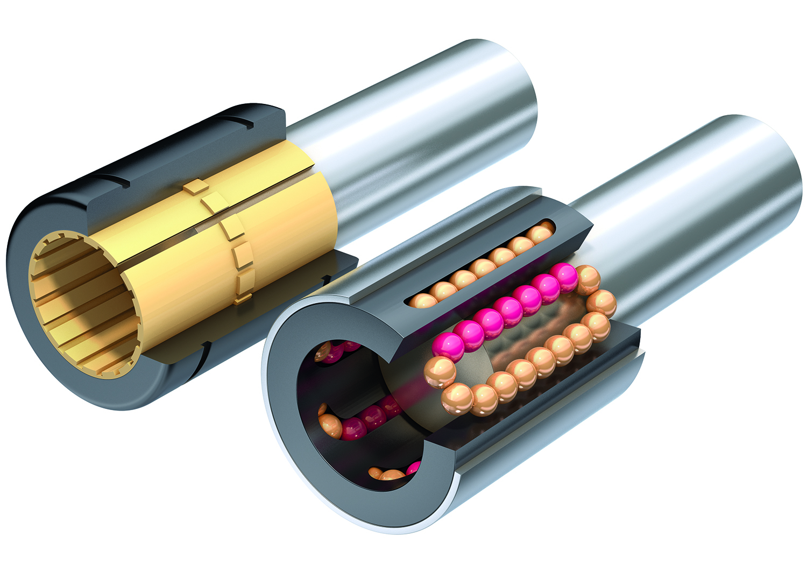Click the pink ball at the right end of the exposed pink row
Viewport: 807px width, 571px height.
pos(564,276)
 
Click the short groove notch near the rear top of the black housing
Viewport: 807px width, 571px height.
pos(239,122)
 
